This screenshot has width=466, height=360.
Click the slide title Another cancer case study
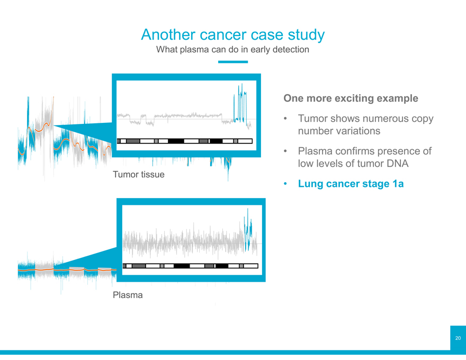point(232,34)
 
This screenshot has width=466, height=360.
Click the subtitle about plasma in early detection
point(232,49)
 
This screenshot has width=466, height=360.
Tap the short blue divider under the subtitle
point(233,62)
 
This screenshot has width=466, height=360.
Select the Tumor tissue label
point(139,174)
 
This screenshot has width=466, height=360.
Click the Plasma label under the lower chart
point(128,295)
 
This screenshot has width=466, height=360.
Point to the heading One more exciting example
point(351,98)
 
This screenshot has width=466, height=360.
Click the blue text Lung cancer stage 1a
point(351,184)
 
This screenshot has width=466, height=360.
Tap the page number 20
point(458,338)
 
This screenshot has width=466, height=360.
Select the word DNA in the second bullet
point(398,164)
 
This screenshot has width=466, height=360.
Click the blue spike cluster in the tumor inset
point(240,103)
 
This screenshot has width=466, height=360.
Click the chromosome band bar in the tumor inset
point(185,141)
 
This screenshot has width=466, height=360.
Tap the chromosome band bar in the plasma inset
point(191,266)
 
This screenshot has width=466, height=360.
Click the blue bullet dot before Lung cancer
point(285,184)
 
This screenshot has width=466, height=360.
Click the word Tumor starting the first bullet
point(313,119)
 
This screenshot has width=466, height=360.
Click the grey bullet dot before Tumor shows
point(285,119)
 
